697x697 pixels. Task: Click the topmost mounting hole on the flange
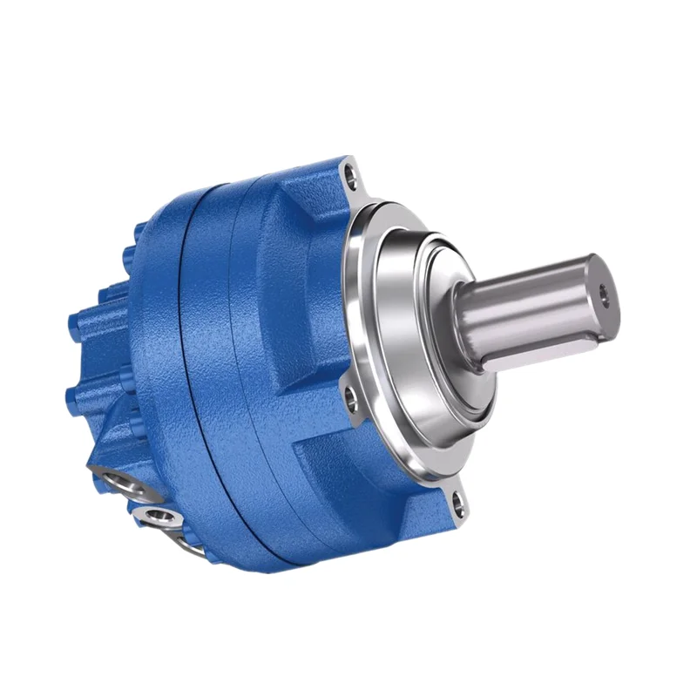[352, 179]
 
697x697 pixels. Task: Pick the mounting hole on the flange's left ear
[351, 402]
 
